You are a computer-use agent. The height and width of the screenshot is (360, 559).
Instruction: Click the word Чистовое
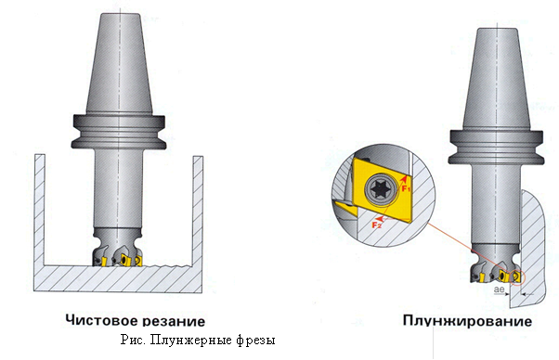[100, 320]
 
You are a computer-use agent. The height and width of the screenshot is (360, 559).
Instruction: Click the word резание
[174, 321]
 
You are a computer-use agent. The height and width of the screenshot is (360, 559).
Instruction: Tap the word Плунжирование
[467, 320]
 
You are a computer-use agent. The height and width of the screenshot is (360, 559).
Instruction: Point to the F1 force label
[407, 188]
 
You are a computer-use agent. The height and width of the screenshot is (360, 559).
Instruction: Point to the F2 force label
[377, 225]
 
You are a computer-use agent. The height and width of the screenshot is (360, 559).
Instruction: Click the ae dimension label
[500, 289]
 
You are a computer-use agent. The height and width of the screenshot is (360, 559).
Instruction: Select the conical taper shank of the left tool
[120, 64]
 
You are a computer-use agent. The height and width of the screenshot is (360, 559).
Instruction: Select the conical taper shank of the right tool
[497, 79]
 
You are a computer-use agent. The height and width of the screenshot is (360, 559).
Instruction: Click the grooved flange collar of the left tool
[119, 132]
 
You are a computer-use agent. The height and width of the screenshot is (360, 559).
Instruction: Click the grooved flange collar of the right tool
[497, 148]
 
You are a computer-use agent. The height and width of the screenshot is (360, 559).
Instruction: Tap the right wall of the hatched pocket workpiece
[198, 211]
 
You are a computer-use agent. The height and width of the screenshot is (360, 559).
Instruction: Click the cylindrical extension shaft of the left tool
[119, 188]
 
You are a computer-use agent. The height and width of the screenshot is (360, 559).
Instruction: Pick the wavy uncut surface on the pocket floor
[166, 266]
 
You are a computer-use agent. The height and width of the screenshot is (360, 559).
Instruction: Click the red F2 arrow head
[381, 217]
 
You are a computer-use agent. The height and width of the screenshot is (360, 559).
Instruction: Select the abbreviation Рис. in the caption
[133, 340]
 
